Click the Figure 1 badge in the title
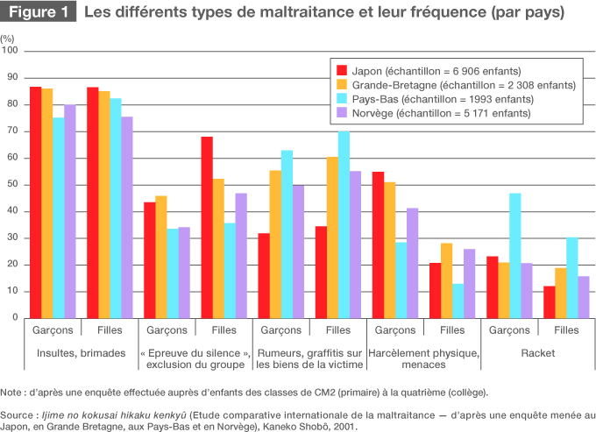coord(39,13)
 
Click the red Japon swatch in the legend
coord(342,71)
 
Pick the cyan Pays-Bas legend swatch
coord(342,99)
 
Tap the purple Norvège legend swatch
coord(342,113)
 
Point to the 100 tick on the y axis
coord(12,51)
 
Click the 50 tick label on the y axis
coord(12,185)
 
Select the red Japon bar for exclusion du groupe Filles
coord(207,227)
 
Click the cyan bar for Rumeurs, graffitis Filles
coord(344,224)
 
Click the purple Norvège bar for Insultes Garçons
coord(70,211)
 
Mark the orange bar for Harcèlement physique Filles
coord(447,280)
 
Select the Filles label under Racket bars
coord(565,330)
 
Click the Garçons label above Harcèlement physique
coord(394,330)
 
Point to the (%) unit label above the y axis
coord(8,40)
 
